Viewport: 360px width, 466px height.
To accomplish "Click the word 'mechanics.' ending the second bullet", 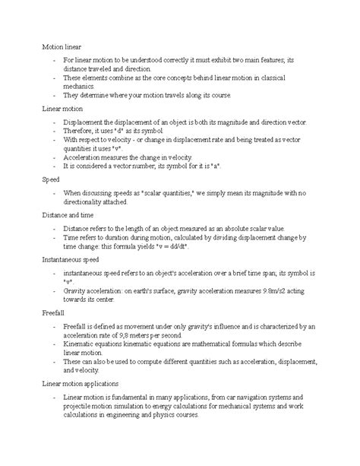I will point(81,86).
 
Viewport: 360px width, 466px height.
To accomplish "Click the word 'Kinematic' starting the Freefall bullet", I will point(84,344).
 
